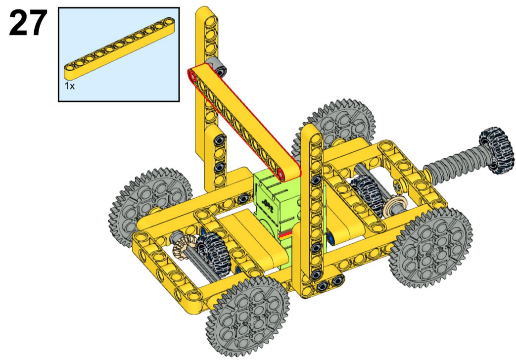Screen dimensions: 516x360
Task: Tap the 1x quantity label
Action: pos(69,86)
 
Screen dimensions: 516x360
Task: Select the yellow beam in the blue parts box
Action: pos(119,48)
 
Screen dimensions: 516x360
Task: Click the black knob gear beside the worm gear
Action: pos(496,150)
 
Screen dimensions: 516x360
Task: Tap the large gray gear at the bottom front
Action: pos(248,316)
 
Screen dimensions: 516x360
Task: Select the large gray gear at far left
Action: pos(150,204)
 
